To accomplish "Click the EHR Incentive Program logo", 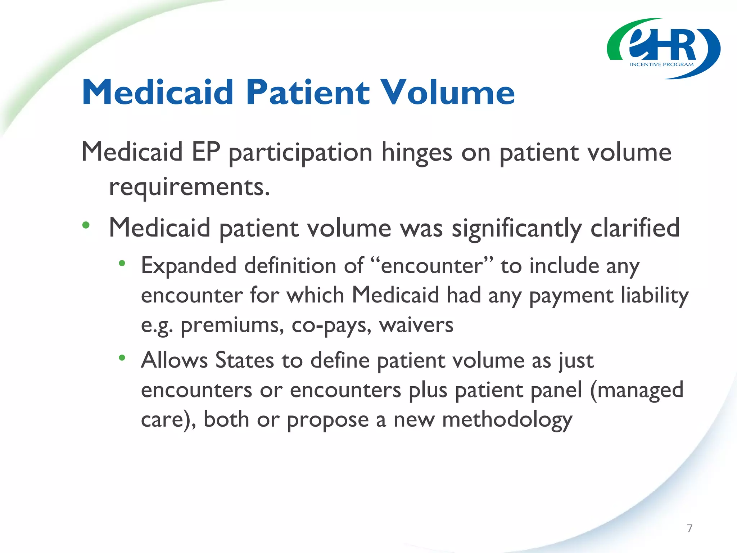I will (x=663, y=49).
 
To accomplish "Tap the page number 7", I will (x=689, y=528).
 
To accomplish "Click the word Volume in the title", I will (x=448, y=93).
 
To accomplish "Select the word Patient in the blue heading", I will (x=308, y=93).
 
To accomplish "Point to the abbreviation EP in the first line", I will (x=206, y=152).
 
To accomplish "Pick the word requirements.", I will (x=189, y=187).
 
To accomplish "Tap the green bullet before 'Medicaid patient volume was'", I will (x=86, y=226).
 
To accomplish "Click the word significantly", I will (x=516, y=229).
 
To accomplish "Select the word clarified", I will (x=635, y=228).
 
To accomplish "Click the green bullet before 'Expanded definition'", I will (x=122, y=264).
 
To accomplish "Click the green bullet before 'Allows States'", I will (x=122, y=358).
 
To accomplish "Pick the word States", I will (x=244, y=360).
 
